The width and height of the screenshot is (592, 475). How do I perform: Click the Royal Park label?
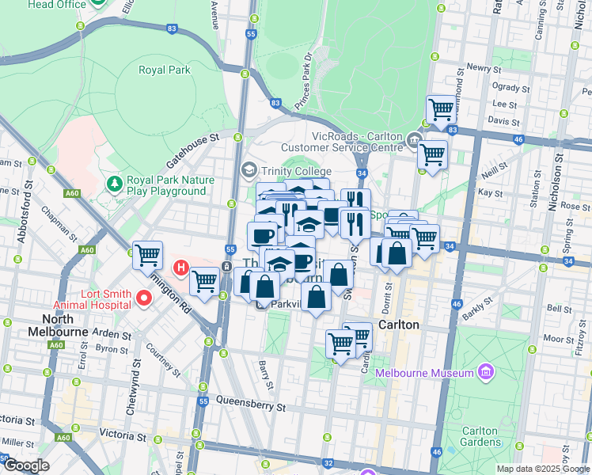(x=165, y=70)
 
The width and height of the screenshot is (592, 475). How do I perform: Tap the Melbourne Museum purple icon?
(x=486, y=372)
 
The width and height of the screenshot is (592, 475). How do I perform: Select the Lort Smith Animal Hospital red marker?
(x=143, y=298)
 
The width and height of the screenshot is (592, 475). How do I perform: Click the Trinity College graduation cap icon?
(x=249, y=169)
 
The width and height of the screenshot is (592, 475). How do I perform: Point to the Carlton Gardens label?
(x=480, y=436)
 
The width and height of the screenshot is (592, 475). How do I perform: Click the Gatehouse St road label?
(x=192, y=149)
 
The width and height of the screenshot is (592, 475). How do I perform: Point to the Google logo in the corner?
(x=26, y=465)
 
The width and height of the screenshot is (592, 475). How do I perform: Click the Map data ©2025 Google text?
(x=542, y=469)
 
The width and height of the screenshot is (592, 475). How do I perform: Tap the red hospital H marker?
(x=181, y=269)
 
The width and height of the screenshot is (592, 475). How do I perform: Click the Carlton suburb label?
(x=398, y=325)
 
